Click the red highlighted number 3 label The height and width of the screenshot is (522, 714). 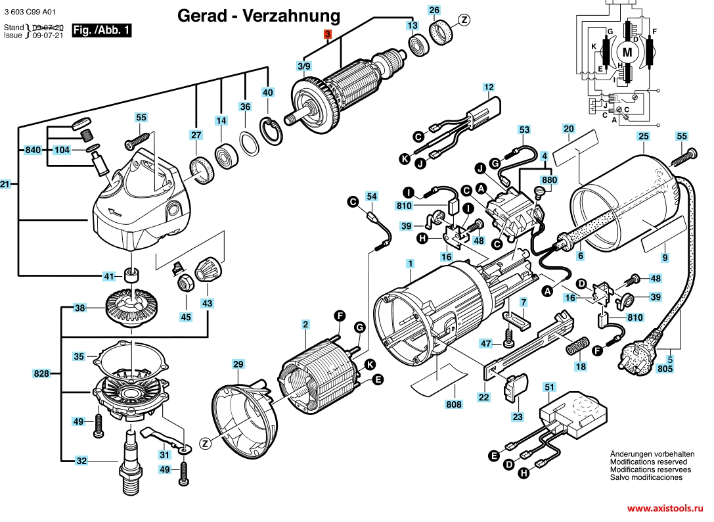coord(328,35)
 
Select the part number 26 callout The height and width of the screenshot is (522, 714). coord(434,10)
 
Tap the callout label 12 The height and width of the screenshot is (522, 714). coord(488,87)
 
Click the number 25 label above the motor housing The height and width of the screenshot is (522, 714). coord(644,137)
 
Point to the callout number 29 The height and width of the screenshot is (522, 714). coord(238,364)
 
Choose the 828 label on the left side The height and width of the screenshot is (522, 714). coord(41,373)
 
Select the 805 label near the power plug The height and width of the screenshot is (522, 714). coord(665,369)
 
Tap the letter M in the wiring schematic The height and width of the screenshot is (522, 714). coord(627,51)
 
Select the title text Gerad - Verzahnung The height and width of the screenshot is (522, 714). coord(259,16)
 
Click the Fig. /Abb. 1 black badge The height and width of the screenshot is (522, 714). coord(102,30)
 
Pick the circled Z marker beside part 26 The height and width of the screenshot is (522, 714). coord(464,20)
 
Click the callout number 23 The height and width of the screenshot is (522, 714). coord(518,417)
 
